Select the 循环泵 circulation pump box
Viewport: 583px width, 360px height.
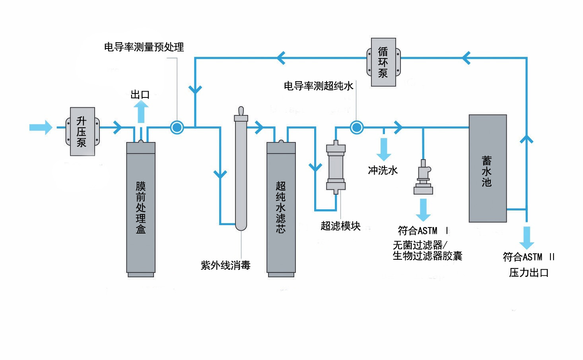tap(383, 62)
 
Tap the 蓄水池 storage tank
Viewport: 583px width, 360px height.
tap(488, 168)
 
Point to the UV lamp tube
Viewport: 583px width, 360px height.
tap(241, 171)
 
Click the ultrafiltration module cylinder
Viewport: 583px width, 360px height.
tap(336, 167)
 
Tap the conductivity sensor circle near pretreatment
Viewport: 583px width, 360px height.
tap(177, 127)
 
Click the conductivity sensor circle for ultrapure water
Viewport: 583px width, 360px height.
tap(357, 127)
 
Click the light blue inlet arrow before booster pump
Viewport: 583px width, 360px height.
tap(41, 127)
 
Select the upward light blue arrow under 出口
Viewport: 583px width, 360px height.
tap(141, 111)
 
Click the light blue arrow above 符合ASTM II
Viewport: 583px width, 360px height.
tap(527, 237)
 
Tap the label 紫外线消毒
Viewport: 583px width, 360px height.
tap(225, 265)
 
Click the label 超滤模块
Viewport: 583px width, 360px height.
tap(340, 226)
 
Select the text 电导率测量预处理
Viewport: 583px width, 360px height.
tap(144, 47)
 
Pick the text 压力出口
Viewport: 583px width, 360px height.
tap(529, 273)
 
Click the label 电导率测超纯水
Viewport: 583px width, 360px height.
tap(319, 86)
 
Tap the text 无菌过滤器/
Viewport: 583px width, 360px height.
tap(421, 245)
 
